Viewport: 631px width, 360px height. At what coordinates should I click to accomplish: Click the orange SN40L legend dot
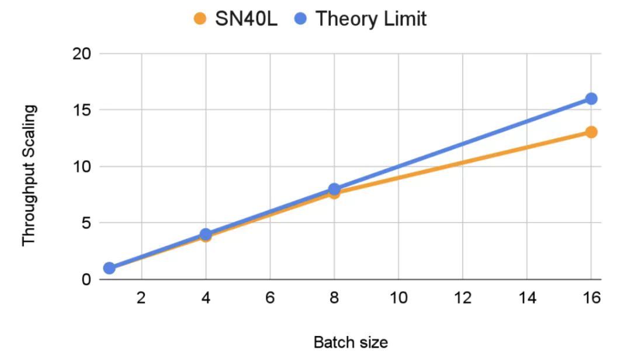point(200,19)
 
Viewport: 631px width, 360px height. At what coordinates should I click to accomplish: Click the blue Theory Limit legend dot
point(301,19)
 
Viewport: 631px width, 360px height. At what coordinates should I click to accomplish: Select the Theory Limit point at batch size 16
point(591,99)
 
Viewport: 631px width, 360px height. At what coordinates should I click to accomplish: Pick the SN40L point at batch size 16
point(591,132)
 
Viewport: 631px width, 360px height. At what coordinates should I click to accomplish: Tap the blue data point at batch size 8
point(334,189)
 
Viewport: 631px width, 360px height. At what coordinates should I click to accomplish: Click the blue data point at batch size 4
point(206,234)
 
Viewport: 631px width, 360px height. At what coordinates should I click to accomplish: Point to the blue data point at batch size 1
point(109,268)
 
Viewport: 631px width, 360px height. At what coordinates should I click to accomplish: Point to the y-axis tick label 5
point(86,223)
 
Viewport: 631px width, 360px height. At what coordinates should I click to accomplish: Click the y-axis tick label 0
point(86,280)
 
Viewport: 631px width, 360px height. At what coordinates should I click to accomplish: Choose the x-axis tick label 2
point(141,297)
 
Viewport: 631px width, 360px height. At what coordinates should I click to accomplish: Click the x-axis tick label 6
point(270,297)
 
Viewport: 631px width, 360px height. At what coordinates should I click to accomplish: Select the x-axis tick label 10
point(398,297)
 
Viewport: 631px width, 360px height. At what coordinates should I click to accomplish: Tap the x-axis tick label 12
point(463,297)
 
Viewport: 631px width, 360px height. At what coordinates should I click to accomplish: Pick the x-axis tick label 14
point(527,297)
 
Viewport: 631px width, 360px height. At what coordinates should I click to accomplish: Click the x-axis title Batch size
point(351,342)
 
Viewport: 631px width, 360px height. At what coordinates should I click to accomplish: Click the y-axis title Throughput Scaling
point(29,175)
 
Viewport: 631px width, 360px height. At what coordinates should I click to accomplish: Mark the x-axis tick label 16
point(591,297)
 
